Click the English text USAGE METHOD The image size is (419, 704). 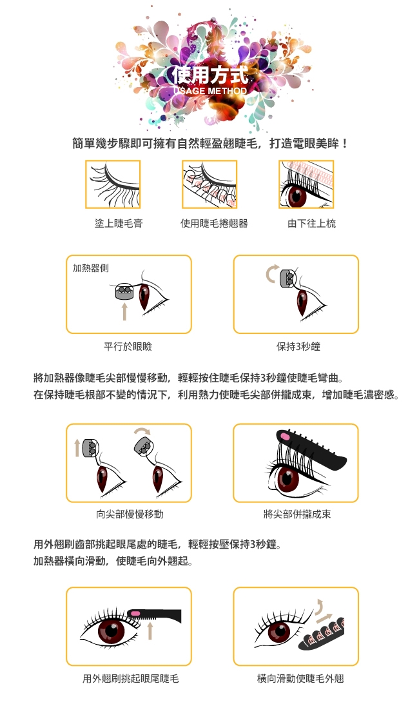[x=210, y=91]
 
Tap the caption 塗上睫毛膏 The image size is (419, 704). [x=119, y=224]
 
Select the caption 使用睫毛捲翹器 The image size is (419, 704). [x=214, y=224]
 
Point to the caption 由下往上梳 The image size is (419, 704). [x=311, y=224]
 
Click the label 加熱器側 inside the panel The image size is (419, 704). [x=91, y=268]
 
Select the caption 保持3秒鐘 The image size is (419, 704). [x=298, y=346]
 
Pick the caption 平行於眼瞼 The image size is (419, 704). [x=128, y=346]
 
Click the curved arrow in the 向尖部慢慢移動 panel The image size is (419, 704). [x=142, y=431]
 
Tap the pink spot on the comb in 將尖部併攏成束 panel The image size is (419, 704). [x=285, y=436]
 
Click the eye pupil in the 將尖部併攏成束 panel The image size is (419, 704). [x=286, y=478]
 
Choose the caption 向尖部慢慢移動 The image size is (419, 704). [x=130, y=514]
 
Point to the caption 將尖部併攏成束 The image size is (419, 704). [x=297, y=514]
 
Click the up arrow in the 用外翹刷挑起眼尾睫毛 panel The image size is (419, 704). [x=150, y=630]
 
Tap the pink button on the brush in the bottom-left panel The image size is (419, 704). [x=135, y=612]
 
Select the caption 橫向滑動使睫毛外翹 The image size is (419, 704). [x=300, y=678]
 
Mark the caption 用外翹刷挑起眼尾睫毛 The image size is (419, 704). [x=131, y=678]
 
